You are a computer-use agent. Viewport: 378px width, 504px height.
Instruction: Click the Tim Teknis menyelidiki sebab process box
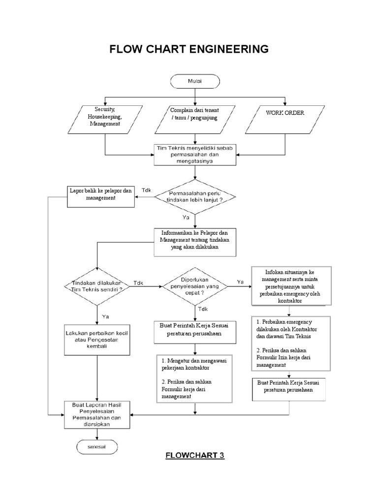195,154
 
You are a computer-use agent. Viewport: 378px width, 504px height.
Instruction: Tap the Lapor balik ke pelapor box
100,194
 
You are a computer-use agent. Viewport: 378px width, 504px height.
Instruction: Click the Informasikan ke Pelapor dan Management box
195,241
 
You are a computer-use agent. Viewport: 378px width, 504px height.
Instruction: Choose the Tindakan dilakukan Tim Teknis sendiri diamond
97,286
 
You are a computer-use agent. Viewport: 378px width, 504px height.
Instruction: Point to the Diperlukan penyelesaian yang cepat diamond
195,286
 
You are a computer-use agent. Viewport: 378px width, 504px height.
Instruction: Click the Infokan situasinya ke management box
291,285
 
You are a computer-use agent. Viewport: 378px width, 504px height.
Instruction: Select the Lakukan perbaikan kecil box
97,340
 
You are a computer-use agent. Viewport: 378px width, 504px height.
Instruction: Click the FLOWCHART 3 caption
194,455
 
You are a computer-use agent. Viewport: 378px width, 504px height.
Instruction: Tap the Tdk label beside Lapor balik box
146,190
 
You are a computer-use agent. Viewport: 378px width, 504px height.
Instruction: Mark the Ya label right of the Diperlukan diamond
240,282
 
